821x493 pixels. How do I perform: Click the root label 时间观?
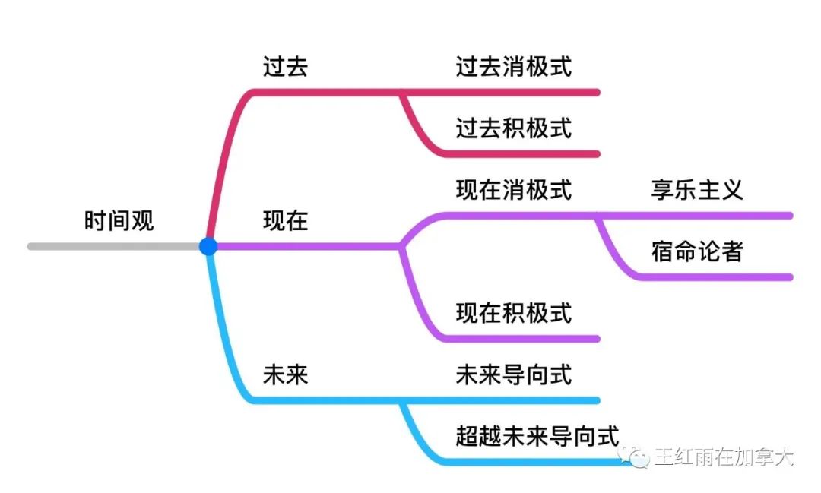coord(119,220)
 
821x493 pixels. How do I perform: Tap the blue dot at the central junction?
coord(208,246)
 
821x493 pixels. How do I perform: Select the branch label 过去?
coord(285,67)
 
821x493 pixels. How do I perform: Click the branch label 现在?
coord(285,220)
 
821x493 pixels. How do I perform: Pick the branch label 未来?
coord(285,374)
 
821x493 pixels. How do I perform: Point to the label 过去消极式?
coord(513,67)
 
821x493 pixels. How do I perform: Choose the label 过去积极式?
coord(513,128)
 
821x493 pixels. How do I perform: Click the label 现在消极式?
coord(513,189)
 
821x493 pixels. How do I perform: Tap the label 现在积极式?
coord(513,312)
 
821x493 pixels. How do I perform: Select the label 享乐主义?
coord(696,189)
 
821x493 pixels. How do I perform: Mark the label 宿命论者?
coord(696,251)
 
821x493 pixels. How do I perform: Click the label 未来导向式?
coord(513,374)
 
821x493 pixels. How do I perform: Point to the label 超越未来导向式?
coord(537,435)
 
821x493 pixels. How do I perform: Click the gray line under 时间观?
coord(114,246)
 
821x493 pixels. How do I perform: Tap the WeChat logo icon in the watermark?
coord(632,457)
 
